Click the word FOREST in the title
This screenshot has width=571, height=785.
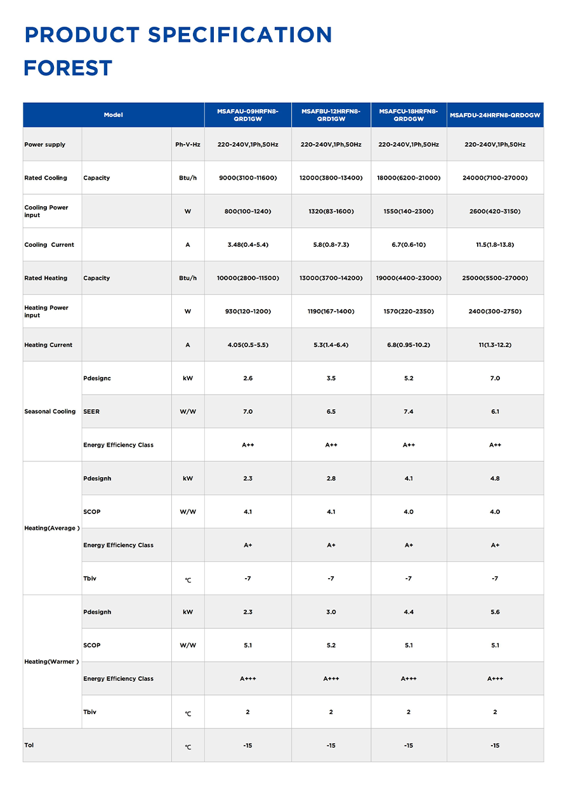[68, 68]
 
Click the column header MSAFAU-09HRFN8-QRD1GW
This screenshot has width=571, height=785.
[247, 115]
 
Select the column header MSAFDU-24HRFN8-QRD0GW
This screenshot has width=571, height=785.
[495, 115]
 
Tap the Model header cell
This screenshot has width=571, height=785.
[114, 115]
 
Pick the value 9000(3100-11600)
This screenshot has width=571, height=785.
[247, 178]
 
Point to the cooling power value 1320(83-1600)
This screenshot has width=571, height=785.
[331, 211]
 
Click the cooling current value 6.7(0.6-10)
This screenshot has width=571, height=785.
[409, 245]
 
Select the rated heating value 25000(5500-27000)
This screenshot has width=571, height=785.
[495, 278]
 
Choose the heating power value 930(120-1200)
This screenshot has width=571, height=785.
[247, 312]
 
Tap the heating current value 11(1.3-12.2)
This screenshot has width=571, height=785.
[495, 345]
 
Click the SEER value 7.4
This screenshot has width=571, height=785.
[409, 412]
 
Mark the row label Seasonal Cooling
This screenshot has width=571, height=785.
[50, 412]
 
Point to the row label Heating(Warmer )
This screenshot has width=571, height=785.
[51, 662]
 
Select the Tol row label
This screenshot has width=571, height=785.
[29, 745]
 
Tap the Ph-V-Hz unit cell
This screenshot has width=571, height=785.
[188, 145]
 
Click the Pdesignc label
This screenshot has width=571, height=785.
[97, 378]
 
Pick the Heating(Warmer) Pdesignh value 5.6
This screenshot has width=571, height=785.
[495, 612]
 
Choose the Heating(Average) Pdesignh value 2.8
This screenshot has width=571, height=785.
[331, 478]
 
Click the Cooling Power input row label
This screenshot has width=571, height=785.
[46, 211]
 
